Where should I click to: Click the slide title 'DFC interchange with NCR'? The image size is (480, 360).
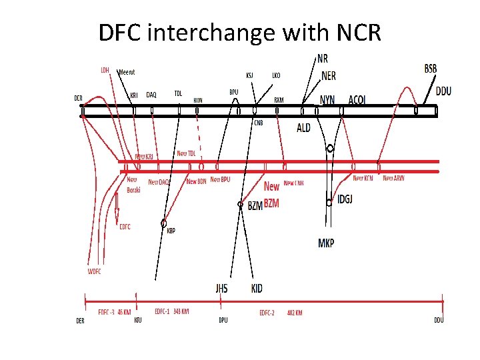click(240, 31)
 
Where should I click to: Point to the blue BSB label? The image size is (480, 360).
click(431, 69)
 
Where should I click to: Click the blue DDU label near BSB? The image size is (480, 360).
click(443, 91)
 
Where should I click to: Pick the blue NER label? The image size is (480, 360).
click(329, 76)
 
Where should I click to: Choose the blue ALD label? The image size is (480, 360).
click(303, 128)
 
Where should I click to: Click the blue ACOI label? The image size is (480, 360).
click(357, 100)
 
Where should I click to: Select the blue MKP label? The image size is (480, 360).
click(326, 243)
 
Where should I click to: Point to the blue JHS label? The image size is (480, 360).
click(221, 288)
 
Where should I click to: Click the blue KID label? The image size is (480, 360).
click(257, 288)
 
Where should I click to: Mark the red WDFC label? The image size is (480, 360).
click(94, 271)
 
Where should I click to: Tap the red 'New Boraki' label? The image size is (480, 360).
click(133, 185)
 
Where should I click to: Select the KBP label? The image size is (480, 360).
click(171, 231)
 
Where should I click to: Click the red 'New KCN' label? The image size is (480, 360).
click(363, 179)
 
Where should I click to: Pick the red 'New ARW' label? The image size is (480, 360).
click(393, 178)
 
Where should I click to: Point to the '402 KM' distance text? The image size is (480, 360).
click(295, 312)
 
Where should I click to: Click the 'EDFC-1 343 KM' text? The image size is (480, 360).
click(171, 311)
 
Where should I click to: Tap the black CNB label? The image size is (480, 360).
click(259, 123)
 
